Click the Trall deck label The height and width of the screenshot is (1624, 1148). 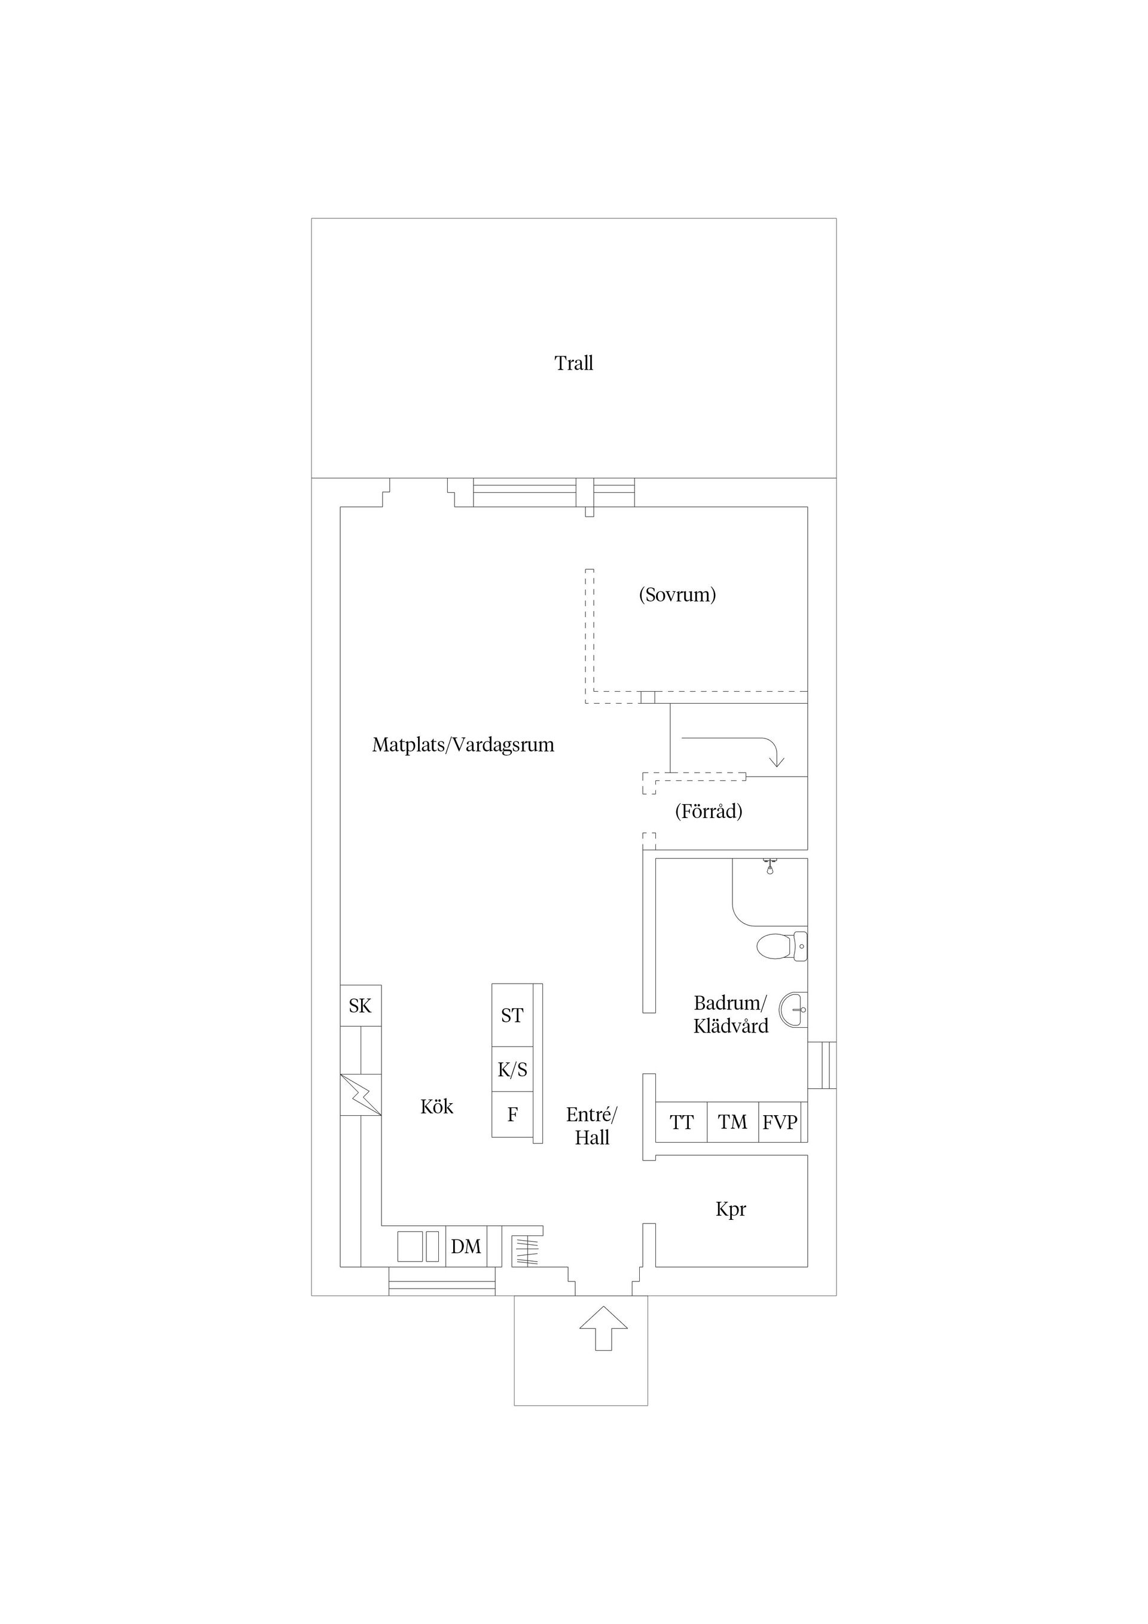pos(573,364)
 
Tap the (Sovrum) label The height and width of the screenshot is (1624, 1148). pos(677,594)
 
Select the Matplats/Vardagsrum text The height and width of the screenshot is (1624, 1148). pos(463,745)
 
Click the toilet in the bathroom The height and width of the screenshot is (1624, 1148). pos(781,946)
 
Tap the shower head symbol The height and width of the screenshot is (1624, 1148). pos(770,866)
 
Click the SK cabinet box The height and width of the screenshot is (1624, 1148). pos(361,1006)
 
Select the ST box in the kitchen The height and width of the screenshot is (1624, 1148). pos(512,1016)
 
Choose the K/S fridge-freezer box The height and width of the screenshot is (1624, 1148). pos(512,1070)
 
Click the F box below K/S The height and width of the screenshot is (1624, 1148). pos(512,1115)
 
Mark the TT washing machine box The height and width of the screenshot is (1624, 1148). pos(681,1122)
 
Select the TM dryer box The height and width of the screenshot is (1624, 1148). pos(733,1122)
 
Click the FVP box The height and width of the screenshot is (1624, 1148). pos(780,1122)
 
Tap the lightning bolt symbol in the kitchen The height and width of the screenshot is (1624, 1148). pos(361,1095)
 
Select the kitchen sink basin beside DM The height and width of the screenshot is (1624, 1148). pos(410,1246)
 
